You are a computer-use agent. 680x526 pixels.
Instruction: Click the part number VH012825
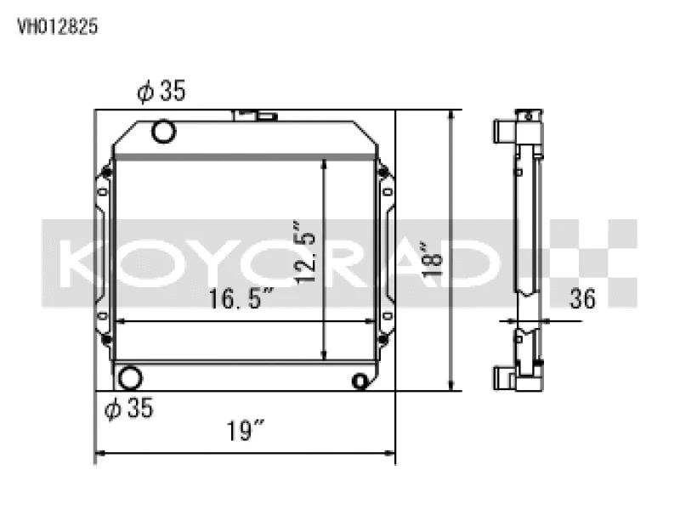(x=58, y=26)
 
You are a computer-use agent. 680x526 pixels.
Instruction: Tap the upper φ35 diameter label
(x=161, y=92)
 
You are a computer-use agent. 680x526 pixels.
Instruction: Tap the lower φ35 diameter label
(x=128, y=409)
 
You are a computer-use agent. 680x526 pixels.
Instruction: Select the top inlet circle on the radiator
(x=162, y=132)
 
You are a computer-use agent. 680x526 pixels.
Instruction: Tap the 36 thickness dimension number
(x=583, y=299)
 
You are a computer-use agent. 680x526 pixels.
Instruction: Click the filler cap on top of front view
(x=254, y=113)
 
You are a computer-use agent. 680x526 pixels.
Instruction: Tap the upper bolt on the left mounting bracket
(x=105, y=174)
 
